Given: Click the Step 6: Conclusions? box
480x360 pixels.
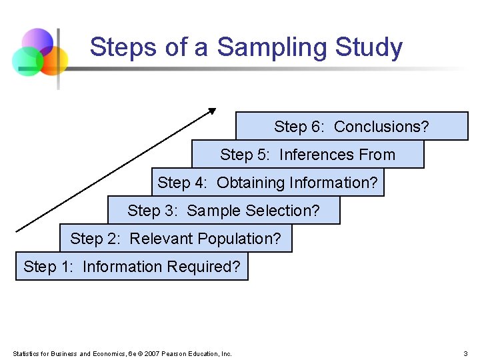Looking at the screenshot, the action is (351, 127).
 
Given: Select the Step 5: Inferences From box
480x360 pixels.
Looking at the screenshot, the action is (307, 155).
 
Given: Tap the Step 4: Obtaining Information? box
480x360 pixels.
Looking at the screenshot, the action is (267, 183).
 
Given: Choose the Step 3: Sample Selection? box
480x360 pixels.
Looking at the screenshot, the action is (223, 211).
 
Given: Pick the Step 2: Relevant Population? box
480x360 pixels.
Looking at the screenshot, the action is (175, 239).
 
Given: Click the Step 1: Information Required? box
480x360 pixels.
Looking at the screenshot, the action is (131, 267).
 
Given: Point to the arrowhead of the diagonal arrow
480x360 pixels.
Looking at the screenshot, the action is (213, 111).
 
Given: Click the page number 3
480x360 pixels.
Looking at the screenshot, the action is (465, 353).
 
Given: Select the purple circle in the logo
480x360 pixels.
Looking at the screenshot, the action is (37, 42).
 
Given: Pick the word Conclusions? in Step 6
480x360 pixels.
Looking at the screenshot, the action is (381, 127).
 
